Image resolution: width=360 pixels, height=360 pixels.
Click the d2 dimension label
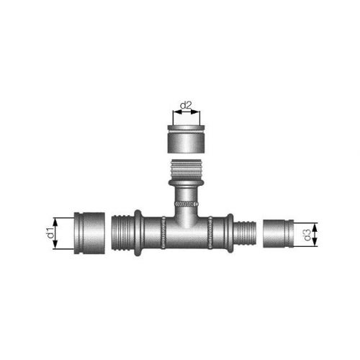click(186, 105)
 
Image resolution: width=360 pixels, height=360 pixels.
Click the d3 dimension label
click(307, 235)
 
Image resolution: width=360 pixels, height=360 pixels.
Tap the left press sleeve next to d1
click(89, 233)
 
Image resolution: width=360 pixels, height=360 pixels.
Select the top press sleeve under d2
click(186, 139)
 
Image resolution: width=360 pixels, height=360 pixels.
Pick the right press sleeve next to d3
click(279, 233)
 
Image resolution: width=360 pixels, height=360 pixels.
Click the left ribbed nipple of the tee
click(122, 233)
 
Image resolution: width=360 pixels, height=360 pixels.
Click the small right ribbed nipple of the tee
click(245, 233)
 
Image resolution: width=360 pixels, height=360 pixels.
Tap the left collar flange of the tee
click(138, 233)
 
